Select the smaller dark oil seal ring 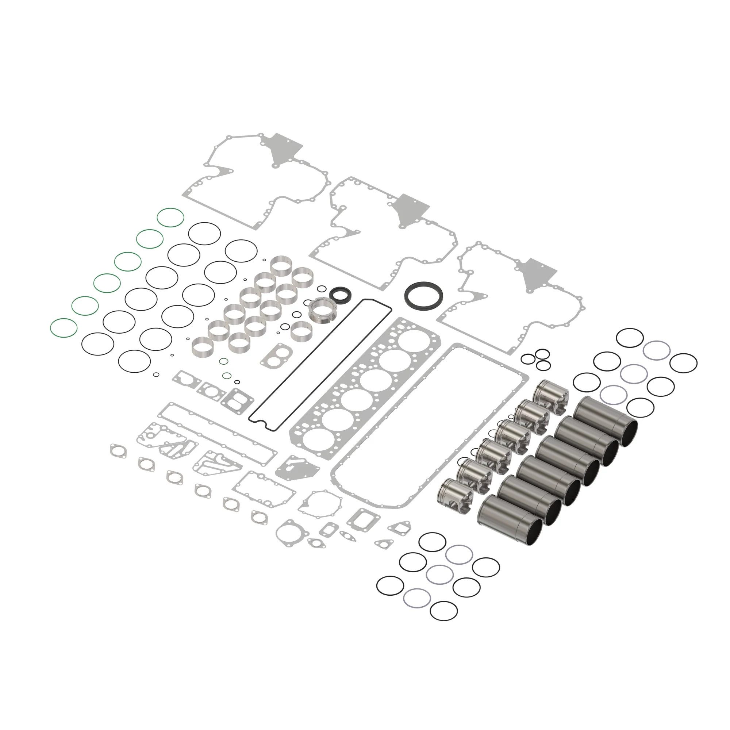pyautogui.click(x=341, y=293)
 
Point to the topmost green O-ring pyautogui.click(x=170, y=218)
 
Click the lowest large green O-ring pyautogui.click(x=64, y=328)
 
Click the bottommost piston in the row pyautogui.click(x=455, y=495)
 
